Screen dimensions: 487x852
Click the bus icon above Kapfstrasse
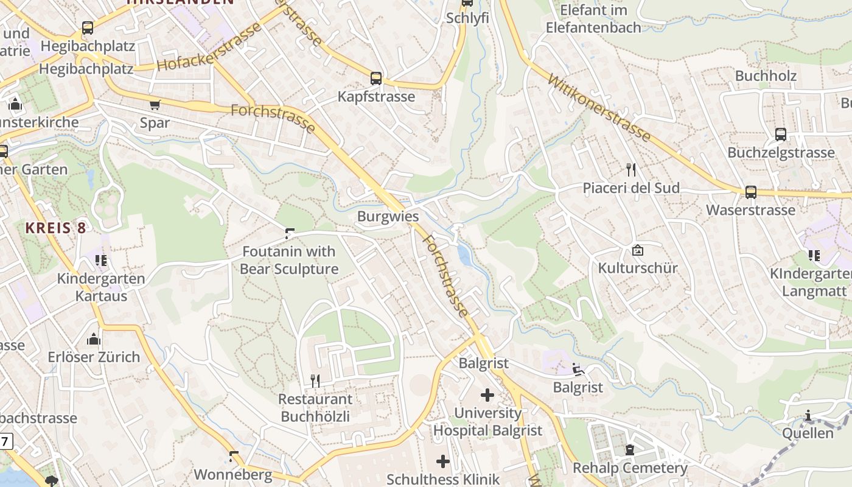click(376, 78)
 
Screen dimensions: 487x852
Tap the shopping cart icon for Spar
click(155, 105)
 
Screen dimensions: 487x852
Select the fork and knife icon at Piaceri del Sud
click(631, 170)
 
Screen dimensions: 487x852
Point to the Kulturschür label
click(637, 268)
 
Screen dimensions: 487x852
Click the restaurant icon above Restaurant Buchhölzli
click(315, 381)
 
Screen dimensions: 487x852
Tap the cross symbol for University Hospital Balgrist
click(487, 395)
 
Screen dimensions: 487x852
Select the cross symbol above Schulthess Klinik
click(443, 461)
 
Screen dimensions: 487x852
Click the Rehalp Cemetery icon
click(630, 450)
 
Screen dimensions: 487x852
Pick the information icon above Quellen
click(808, 416)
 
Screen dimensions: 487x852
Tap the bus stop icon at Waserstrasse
click(751, 192)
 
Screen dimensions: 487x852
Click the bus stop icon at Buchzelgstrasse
click(781, 135)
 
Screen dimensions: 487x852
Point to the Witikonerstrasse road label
click(599, 108)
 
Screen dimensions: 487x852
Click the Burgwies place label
click(388, 216)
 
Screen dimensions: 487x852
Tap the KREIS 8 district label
click(55, 228)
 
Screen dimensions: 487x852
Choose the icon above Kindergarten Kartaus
click(101, 261)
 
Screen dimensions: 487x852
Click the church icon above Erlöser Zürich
click(94, 339)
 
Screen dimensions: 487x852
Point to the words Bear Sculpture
click(289, 269)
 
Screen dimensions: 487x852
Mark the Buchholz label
click(766, 75)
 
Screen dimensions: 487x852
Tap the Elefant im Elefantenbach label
click(593, 19)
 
